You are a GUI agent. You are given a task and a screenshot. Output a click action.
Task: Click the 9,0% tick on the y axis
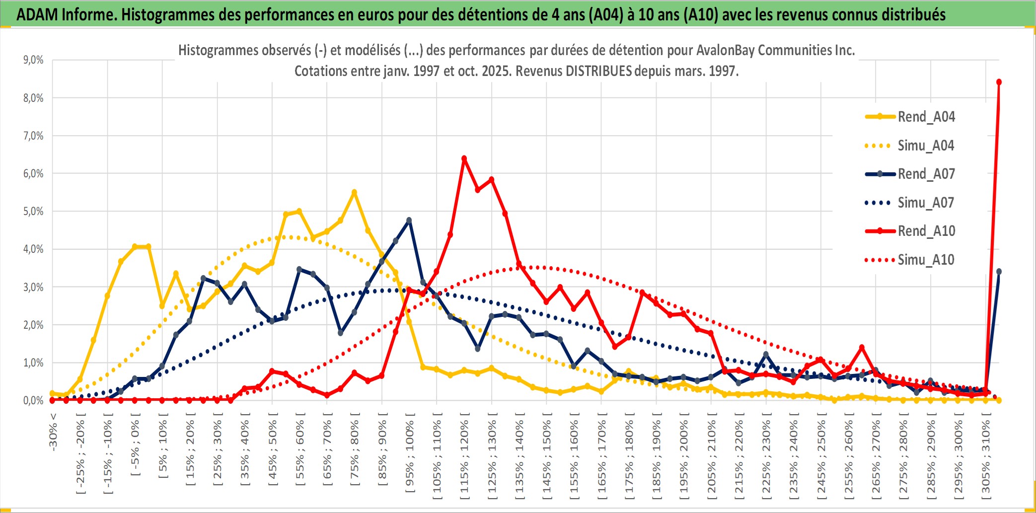point(33,60)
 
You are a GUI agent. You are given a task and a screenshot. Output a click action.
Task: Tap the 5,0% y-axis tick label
point(33,212)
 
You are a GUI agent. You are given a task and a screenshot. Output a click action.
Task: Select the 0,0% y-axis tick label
point(33,400)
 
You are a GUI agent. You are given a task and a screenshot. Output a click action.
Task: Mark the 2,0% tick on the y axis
point(33,325)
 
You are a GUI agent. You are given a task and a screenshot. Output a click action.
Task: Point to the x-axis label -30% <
point(53,432)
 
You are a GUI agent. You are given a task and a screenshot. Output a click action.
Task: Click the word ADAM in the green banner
point(37,14)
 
